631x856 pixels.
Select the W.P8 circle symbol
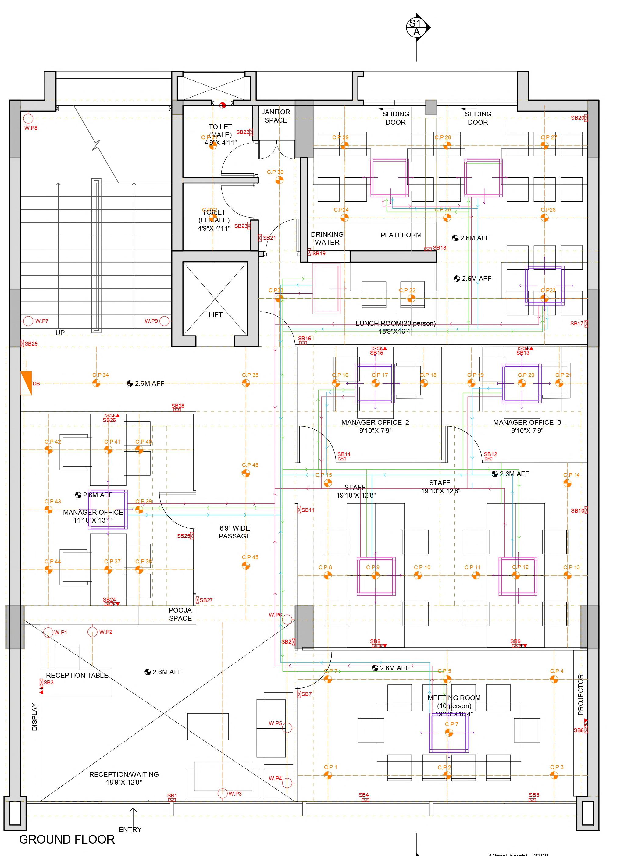click(28, 118)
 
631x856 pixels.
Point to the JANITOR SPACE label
click(276, 116)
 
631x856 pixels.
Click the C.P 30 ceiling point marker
click(280, 180)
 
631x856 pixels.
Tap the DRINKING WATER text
click(327, 238)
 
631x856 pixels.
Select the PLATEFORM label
click(401, 235)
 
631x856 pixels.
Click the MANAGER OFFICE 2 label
click(375, 423)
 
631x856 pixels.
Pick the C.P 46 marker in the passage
click(246, 473)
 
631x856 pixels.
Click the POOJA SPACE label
click(180, 614)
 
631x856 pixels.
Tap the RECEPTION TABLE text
click(77, 675)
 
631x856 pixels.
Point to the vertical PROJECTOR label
click(581, 695)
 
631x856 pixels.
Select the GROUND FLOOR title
click(67, 840)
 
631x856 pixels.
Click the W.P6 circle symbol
click(287, 619)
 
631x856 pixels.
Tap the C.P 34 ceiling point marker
click(96, 383)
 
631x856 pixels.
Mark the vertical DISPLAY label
click(35, 717)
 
